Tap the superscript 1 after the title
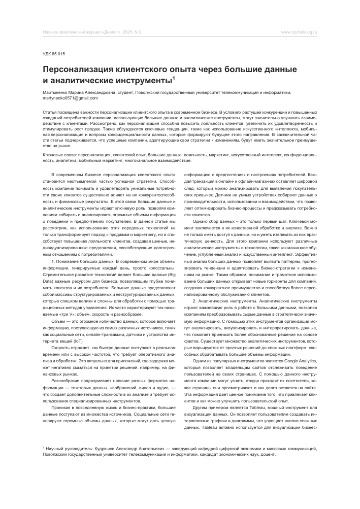tap(173, 78)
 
